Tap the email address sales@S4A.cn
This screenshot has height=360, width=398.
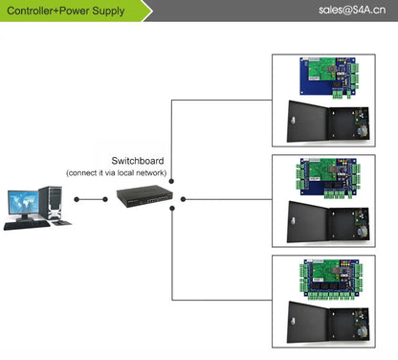click(346, 11)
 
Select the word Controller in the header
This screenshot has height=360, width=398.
click(33, 11)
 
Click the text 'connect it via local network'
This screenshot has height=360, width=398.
click(117, 172)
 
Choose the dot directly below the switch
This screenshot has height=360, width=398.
click(170, 214)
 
